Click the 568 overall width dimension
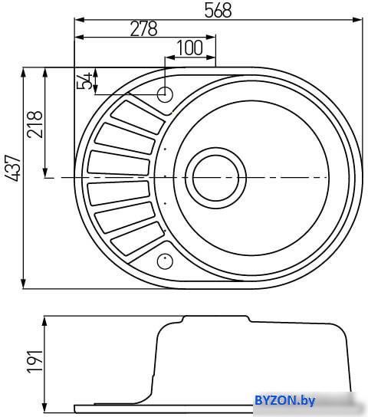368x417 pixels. coord(218,11)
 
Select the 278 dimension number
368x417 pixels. coord(144,28)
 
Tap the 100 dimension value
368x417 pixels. coord(190,48)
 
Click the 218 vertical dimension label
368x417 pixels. coord(34,124)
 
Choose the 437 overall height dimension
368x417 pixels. coord(13,168)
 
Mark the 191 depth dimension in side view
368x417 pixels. coord(34,362)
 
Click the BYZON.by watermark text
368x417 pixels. coord(284,400)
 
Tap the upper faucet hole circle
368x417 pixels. coord(165,94)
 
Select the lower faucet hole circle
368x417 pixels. coord(165,261)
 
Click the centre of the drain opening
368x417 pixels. coord(215,178)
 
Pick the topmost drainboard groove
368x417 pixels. coord(137,117)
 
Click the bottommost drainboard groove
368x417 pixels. coord(137,239)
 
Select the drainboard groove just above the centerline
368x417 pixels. coord(119,163)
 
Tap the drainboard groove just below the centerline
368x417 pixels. coord(119,193)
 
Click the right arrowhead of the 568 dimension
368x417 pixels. coord(357,20)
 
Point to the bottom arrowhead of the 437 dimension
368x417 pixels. coord(24,283)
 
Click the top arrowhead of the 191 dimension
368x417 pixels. coord(44,321)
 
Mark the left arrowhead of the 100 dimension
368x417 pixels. coord(170,57)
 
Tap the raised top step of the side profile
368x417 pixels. coord(216,317)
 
